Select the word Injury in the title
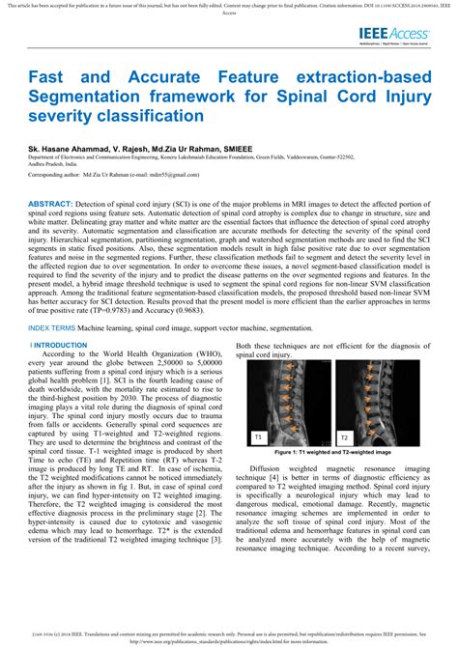pos(407,99)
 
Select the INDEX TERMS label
pos(51,301)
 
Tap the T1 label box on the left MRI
pos(258,437)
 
